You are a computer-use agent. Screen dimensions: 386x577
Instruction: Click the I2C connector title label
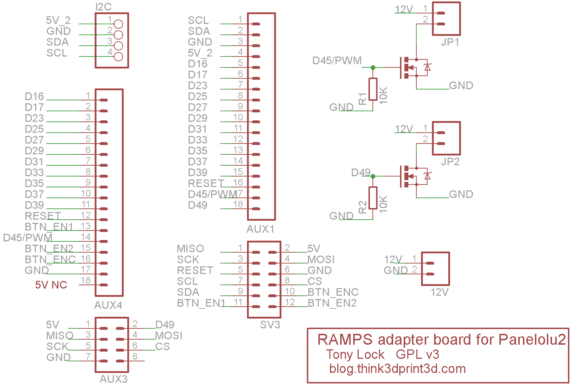pos(103,7)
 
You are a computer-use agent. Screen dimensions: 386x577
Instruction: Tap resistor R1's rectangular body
pos(373,89)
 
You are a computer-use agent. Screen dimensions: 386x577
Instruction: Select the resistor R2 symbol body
pos(373,198)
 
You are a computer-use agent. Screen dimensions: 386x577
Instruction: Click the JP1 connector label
pos(450,42)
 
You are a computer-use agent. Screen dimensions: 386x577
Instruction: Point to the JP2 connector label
pos(450,162)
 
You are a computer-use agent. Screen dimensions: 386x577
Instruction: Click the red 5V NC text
pos(51,285)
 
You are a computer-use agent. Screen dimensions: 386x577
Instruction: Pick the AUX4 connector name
pos(108,305)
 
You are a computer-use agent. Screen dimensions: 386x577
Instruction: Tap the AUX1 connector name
pos(260,229)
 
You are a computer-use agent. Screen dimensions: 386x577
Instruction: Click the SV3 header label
pos(270,325)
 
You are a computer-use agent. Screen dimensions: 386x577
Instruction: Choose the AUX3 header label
pos(114,379)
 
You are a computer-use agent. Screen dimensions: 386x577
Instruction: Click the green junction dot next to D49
pos(373,176)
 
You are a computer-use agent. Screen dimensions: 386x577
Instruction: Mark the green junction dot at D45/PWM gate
pos(373,67)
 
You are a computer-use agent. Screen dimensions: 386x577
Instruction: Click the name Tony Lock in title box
pos(355,354)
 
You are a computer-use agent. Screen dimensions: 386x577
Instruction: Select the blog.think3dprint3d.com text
pos(397,369)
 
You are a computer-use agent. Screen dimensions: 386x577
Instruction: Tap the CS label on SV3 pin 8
pos(315,281)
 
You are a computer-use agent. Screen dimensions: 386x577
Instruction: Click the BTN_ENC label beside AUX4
pos(50,260)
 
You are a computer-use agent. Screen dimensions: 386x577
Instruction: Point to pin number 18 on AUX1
pos(238,204)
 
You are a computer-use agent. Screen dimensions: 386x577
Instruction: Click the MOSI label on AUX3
pos(169,336)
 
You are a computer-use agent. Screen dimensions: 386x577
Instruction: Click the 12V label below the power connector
pos(440,292)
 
